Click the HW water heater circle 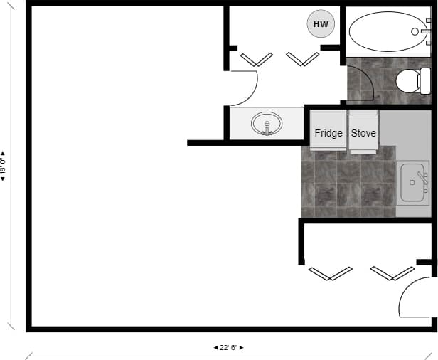coord(321,24)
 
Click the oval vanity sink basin coord(267,124)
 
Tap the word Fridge coord(328,133)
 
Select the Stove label coord(363,133)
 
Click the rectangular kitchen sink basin coord(413,183)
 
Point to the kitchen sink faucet coord(422,177)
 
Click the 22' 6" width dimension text coord(229,348)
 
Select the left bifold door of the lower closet coord(331,273)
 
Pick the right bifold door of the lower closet coord(392,273)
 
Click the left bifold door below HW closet coord(257,60)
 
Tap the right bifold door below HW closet coord(302,60)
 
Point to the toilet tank coord(425,80)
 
